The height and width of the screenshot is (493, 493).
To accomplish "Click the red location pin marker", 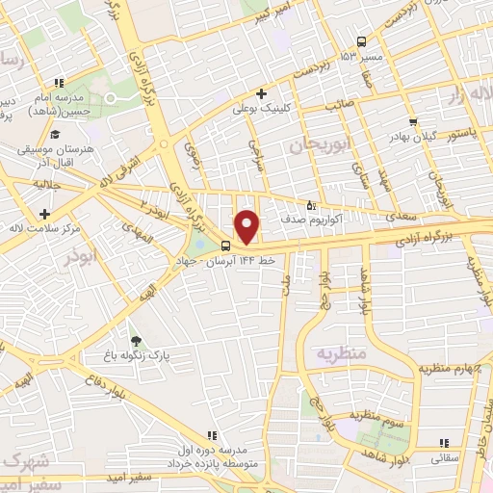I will click(248, 226).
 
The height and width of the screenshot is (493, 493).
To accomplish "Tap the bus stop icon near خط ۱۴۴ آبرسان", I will click(225, 245).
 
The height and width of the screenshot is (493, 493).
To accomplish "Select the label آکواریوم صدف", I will click(280, 220).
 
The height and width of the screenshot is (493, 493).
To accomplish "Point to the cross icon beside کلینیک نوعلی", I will click(261, 93).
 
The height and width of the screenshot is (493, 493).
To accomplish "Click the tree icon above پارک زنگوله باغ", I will click(136, 340).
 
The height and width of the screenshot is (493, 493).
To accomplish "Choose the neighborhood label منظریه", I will click(340, 353).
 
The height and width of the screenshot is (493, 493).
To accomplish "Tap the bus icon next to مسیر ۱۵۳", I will click(361, 41).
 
